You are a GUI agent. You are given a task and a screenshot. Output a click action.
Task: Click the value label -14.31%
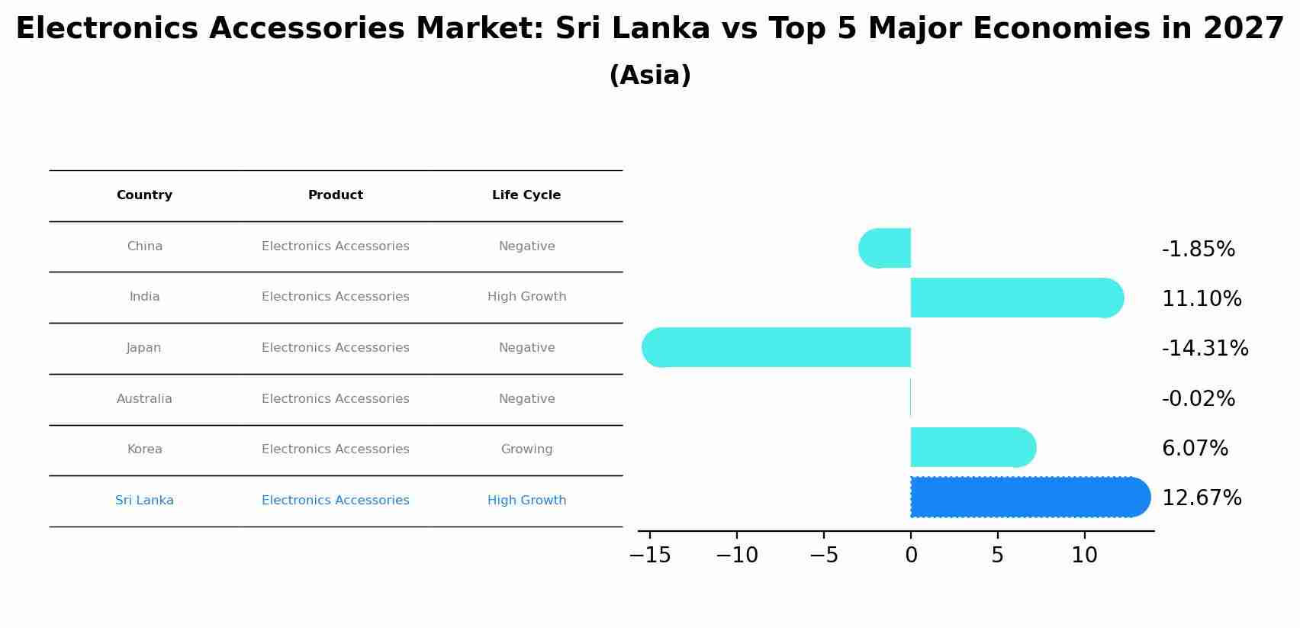(x=1205, y=349)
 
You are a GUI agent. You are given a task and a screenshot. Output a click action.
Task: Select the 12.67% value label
(x=1202, y=498)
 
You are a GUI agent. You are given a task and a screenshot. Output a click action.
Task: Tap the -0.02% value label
(x=1198, y=399)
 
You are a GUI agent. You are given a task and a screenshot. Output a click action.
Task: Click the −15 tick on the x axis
(x=650, y=556)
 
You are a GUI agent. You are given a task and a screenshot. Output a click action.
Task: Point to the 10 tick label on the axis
(x=1084, y=556)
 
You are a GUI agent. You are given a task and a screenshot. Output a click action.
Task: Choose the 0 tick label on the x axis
(x=911, y=556)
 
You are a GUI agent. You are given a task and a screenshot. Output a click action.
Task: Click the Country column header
(x=144, y=195)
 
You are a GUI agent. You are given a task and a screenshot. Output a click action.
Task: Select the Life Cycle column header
(x=526, y=195)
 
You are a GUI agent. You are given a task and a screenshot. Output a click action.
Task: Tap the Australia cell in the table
(x=144, y=399)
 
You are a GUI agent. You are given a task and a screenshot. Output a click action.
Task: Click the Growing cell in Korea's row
(x=526, y=449)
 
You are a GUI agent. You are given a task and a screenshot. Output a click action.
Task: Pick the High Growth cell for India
(x=526, y=297)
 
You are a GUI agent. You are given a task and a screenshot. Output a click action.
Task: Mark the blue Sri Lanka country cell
(x=144, y=501)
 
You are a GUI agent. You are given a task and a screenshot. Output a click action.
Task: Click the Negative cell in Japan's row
(x=526, y=348)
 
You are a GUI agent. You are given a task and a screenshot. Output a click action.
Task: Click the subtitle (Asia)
(x=650, y=76)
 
